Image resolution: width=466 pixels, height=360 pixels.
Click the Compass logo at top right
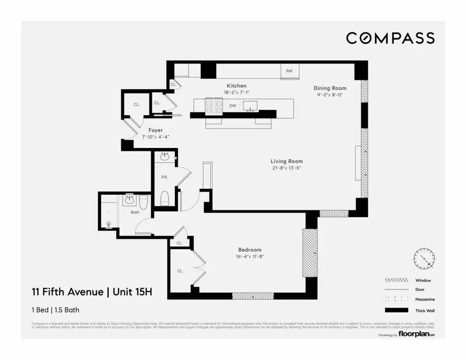(390, 38)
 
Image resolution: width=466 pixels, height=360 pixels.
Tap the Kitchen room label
(236, 85)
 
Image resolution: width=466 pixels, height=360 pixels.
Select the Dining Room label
(330, 88)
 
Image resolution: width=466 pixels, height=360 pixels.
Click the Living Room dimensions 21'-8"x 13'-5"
(287, 168)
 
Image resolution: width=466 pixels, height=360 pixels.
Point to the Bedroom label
(250, 250)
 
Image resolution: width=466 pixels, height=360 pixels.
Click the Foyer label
(155, 130)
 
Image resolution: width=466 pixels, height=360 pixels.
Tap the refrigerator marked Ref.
(290, 71)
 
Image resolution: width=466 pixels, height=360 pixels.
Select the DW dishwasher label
(233, 105)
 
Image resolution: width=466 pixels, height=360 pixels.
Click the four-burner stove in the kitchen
(214, 107)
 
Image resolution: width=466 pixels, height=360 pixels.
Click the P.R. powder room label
(164, 177)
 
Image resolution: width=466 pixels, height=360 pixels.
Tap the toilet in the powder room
(165, 198)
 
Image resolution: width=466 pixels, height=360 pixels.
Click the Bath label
(135, 212)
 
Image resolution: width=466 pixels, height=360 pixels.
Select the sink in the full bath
(129, 201)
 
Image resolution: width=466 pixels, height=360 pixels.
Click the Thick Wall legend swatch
(396, 310)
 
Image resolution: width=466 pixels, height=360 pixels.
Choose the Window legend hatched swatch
(396, 280)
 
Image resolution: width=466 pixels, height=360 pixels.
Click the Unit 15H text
(131, 292)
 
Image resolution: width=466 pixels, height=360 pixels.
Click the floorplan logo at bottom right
(416, 334)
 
